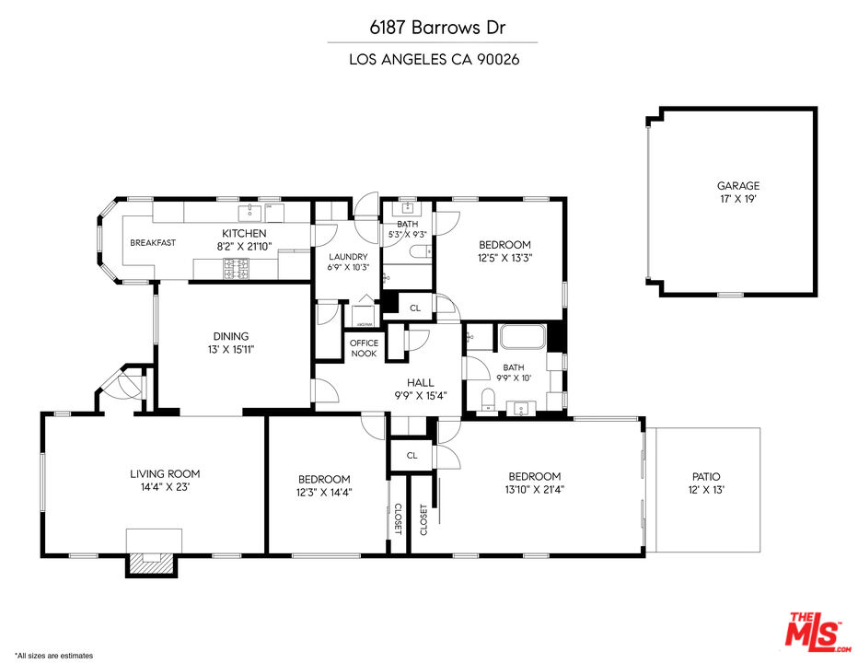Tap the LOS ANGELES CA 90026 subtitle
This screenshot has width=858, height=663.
coord(433,60)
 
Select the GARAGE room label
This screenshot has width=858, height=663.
coord(738,192)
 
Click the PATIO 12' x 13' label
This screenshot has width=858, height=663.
coord(706,483)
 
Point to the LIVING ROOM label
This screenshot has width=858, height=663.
coord(165,480)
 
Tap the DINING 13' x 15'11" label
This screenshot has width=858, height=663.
coord(231,343)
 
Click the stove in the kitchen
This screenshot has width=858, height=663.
coord(235,268)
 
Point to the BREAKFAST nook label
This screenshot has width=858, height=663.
coord(153,243)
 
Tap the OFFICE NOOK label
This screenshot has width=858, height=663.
coord(364,348)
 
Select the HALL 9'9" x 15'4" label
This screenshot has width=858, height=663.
coord(421,389)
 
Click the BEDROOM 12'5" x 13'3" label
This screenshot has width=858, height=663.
coord(505,250)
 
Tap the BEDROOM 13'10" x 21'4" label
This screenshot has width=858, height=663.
coord(535,483)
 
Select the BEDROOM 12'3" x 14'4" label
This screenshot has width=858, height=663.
coord(324,485)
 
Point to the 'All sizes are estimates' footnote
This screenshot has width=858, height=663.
coord(54,656)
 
